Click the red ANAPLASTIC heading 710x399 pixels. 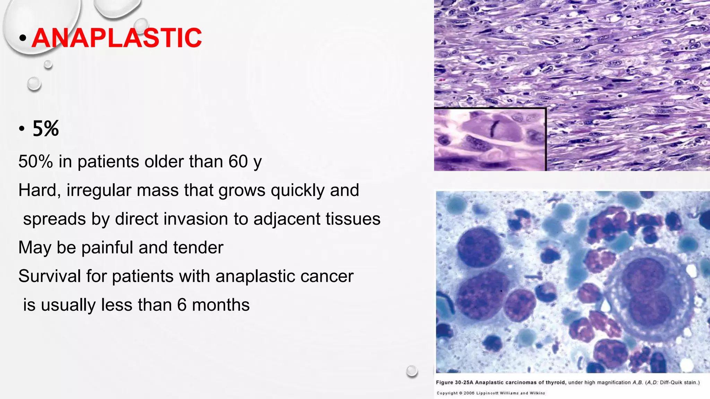tap(117, 38)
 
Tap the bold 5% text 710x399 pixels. tap(46, 129)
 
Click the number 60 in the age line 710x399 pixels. tap(238, 162)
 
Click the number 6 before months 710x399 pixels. tap(182, 305)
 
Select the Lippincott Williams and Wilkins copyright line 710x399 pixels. tap(491, 393)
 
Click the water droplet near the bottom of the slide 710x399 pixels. tap(412, 371)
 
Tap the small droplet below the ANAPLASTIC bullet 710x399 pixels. tap(48, 64)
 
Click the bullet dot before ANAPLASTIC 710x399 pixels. tap(23, 38)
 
